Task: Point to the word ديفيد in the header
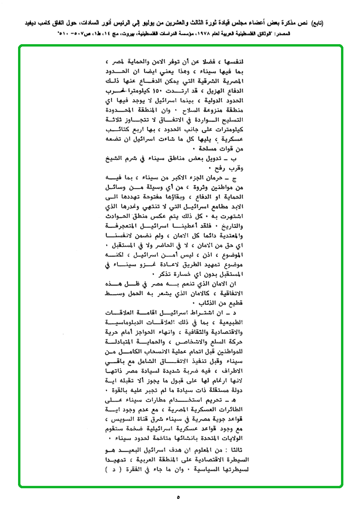(26, 24)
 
